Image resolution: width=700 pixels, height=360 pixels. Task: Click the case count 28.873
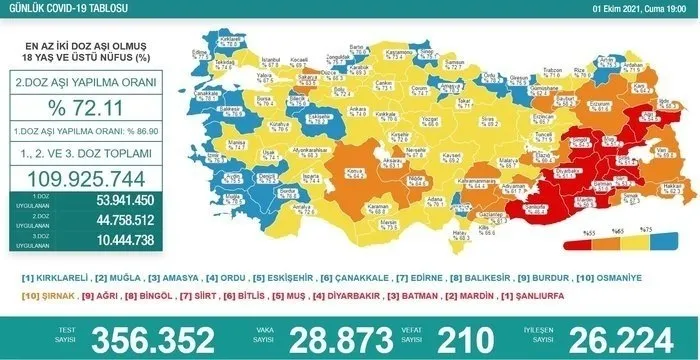(329, 338)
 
